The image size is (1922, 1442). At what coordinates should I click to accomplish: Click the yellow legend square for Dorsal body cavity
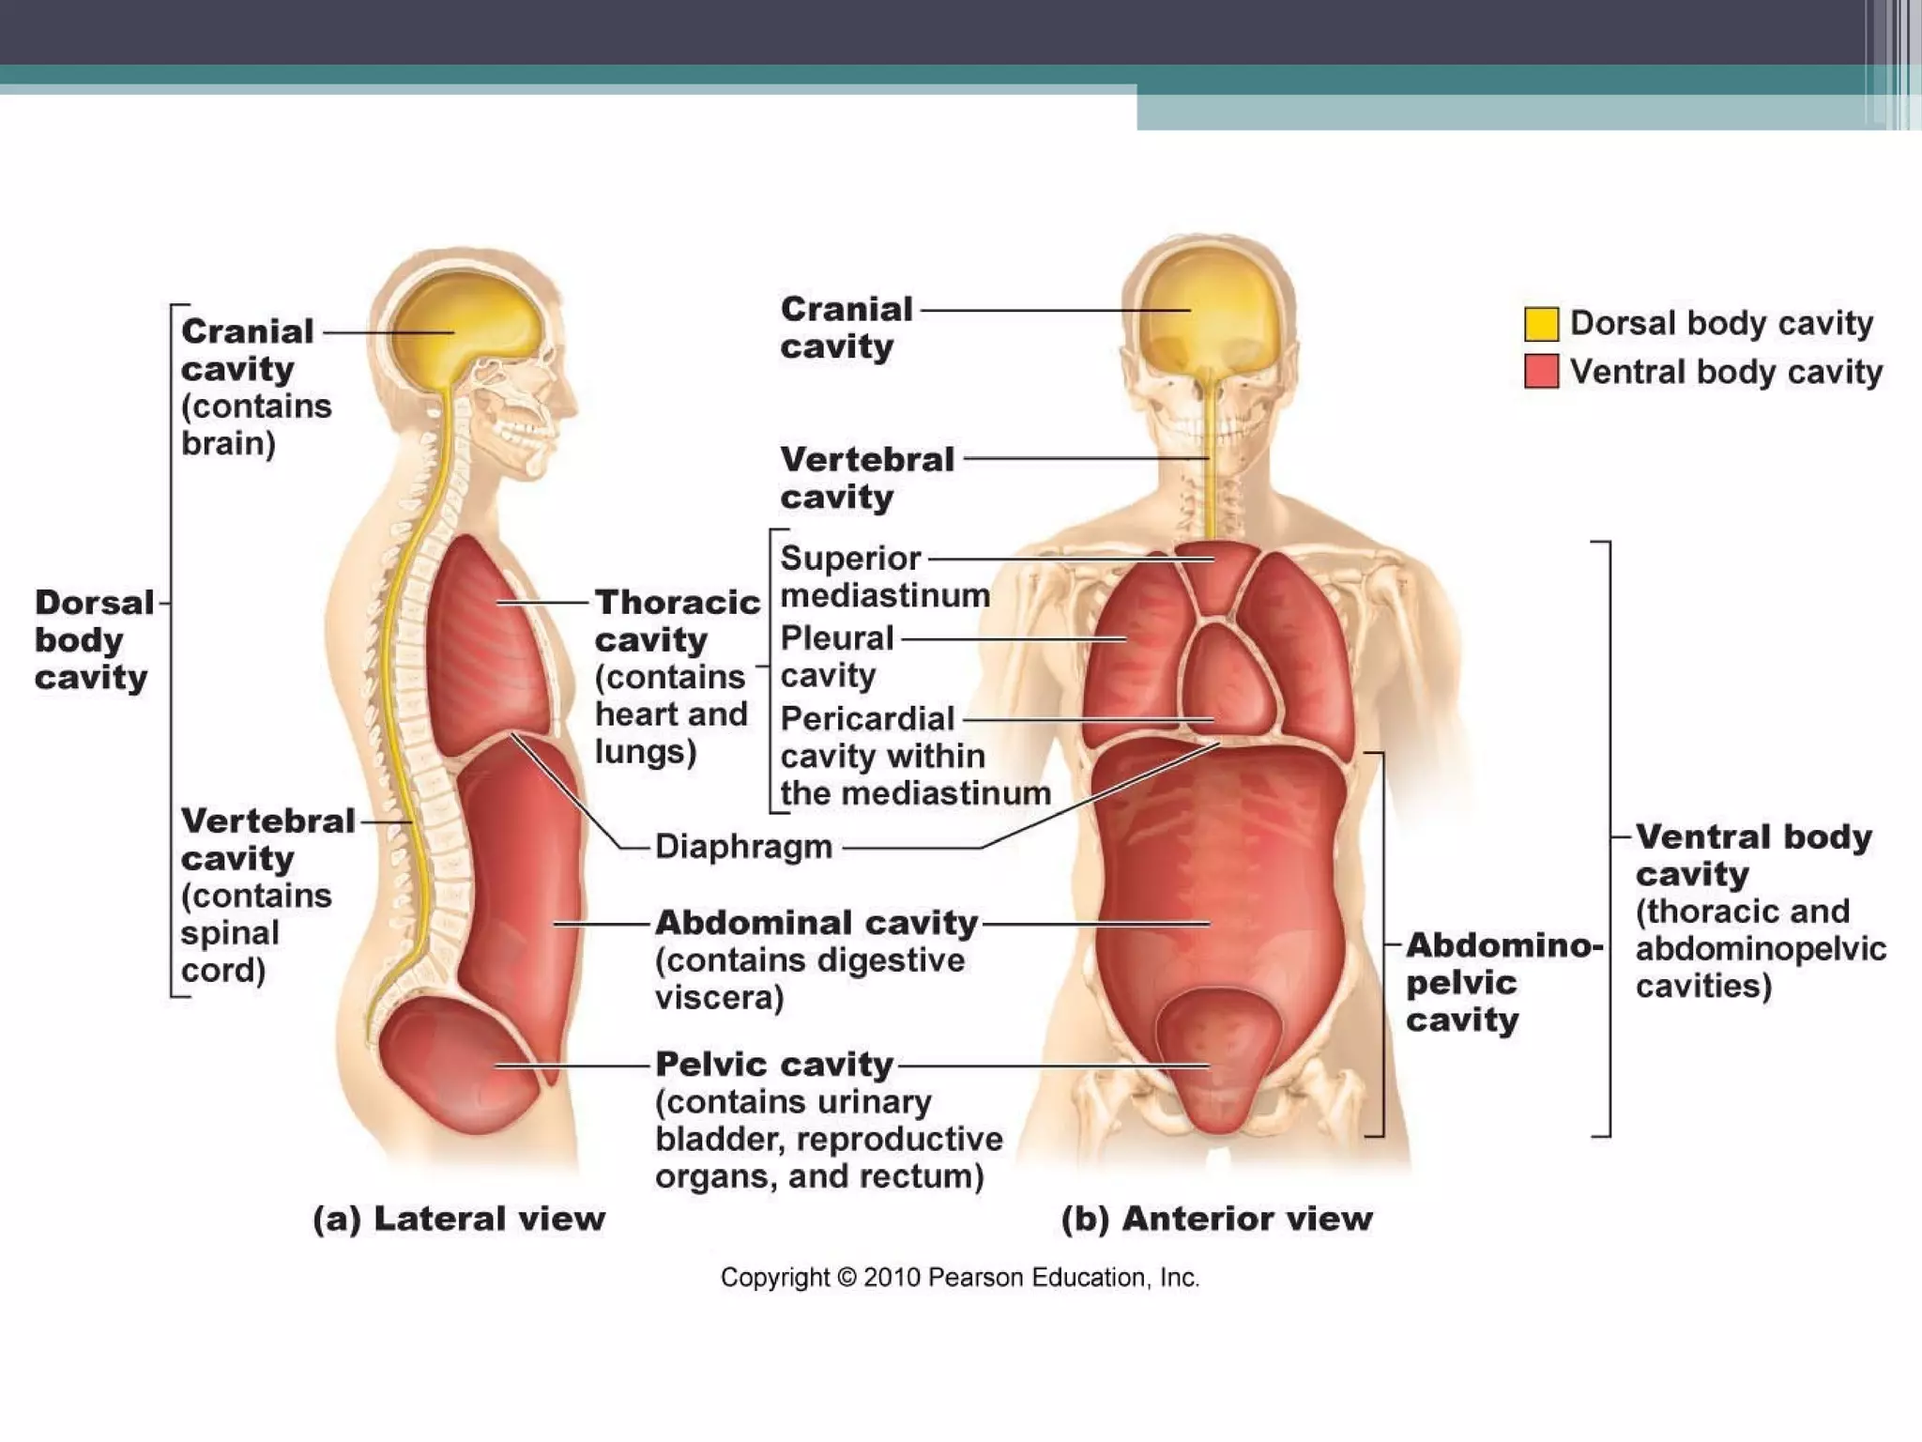tap(1541, 323)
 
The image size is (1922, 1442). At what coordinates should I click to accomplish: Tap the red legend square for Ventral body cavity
tap(1541, 371)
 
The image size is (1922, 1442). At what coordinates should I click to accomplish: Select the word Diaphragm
tap(743, 847)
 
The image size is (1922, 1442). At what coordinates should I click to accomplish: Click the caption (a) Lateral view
tap(459, 1219)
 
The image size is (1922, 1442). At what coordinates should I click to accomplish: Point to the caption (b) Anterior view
tap(1216, 1219)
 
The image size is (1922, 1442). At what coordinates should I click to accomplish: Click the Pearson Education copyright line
tap(959, 1278)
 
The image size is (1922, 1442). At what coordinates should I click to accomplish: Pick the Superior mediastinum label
tap(884, 576)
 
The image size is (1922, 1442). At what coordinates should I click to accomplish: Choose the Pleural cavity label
tap(836, 656)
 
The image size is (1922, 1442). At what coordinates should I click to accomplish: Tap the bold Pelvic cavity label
tap(774, 1065)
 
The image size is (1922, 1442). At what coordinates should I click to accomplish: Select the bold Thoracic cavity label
tap(677, 621)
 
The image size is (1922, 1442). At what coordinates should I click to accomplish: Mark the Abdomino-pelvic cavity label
tap(1503, 982)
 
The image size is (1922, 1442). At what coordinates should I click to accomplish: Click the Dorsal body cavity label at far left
tap(93, 640)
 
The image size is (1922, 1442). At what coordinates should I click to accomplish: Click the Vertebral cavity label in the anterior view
tap(866, 478)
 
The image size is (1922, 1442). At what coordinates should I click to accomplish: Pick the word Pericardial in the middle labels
tap(867, 719)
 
